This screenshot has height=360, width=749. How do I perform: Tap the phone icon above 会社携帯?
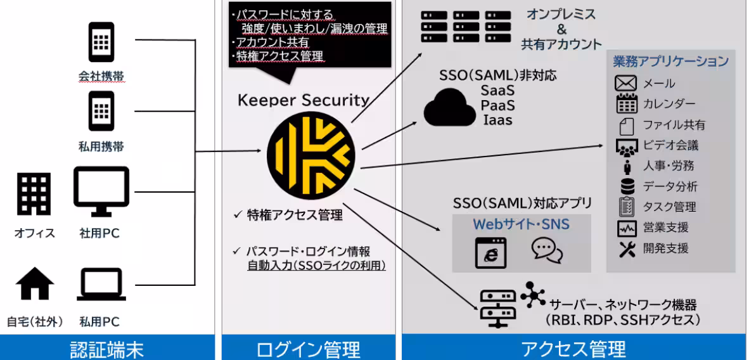pos(101,43)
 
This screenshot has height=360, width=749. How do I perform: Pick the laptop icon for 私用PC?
pos(101,285)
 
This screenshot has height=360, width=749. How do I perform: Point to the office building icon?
pos(34,194)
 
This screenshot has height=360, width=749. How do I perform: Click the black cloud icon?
pos(449,108)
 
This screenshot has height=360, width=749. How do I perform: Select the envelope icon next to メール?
pos(625,84)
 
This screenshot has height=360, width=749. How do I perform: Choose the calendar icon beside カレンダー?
pos(625,104)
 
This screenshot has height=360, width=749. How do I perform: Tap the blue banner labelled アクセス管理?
pos(573,349)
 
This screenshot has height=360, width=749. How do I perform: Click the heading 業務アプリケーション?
pos(670,62)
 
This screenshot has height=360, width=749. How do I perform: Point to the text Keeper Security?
pos(303,100)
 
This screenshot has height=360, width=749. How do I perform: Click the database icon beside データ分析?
pos(626,186)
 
